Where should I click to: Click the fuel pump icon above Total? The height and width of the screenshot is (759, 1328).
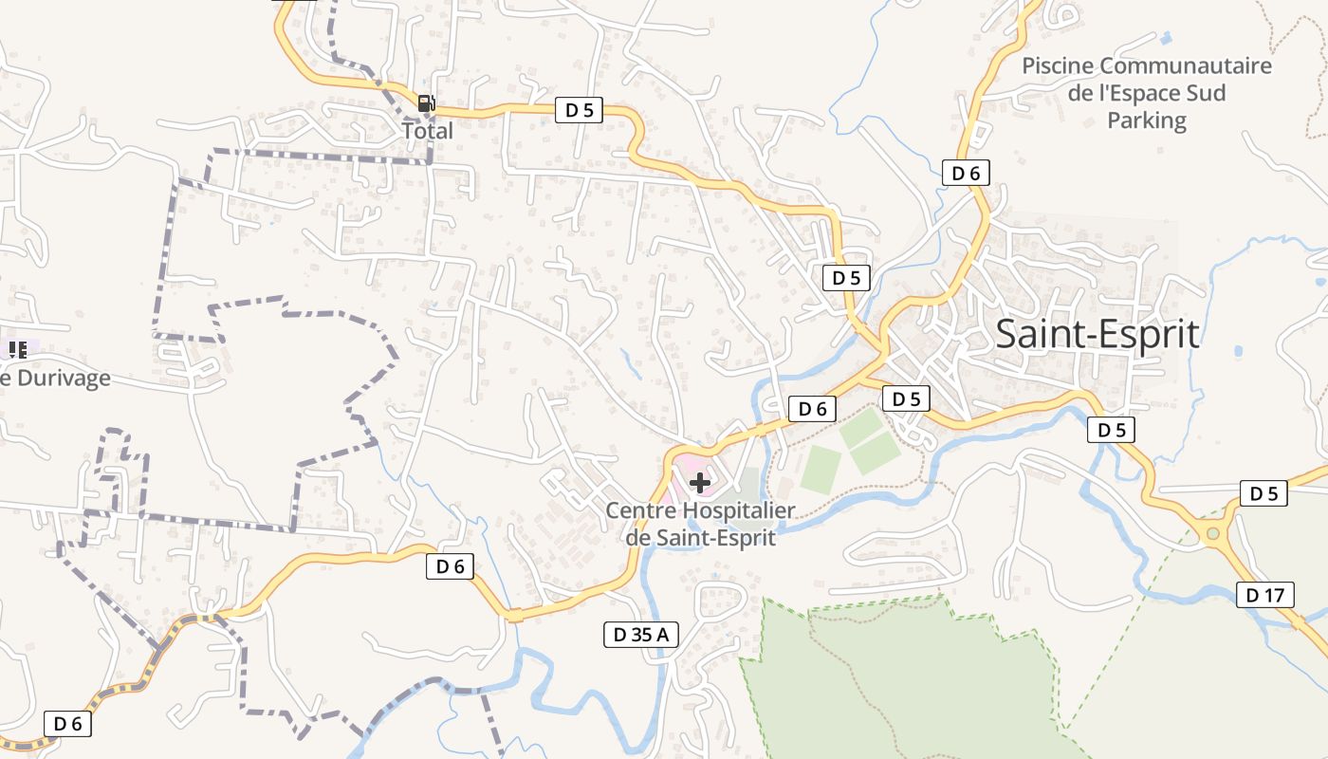click(427, 103)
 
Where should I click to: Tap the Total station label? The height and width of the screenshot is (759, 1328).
click(428, 131)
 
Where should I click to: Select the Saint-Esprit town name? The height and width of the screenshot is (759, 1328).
click(1097, 335)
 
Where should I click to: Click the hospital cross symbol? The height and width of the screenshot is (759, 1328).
click(700, 483)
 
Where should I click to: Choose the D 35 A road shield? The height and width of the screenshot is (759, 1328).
click(641, 635)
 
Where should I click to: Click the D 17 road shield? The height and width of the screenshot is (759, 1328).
click(1265, 596)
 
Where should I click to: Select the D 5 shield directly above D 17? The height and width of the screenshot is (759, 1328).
click(1263, 493)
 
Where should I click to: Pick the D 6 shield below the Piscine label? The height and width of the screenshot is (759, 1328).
click(966, 173)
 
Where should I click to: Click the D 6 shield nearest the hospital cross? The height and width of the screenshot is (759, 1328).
click(813, 409)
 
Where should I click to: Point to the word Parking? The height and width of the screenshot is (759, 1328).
click(1147, 120)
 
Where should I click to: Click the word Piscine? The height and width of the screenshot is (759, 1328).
click(1057, 66)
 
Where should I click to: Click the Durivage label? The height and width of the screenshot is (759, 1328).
click(62, 378)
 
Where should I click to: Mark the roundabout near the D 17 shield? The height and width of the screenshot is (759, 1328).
click(1212, 535)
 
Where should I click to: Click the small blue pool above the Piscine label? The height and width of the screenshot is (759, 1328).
click(1166, 37)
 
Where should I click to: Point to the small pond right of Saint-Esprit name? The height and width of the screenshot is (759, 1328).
click(1239, 351)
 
